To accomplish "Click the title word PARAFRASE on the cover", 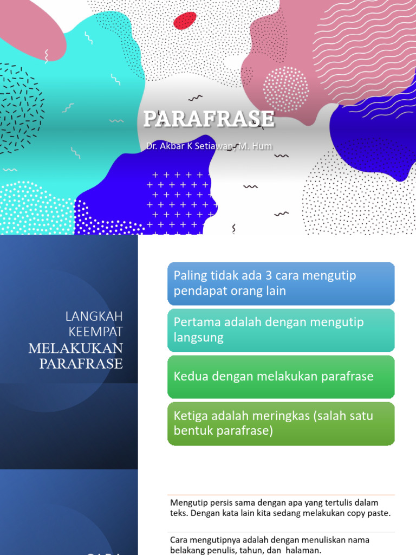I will (209, 119).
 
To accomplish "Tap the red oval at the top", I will (185, 21).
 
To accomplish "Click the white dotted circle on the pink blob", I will (285, 89).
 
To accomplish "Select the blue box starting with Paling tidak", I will (281, 283).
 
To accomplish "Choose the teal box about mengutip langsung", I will (281, 330).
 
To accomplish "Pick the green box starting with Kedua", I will (281, 376).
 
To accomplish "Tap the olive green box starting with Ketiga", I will (281, 423).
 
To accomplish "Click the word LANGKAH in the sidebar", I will (94, 316).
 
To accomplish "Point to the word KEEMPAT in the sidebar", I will (96, 331).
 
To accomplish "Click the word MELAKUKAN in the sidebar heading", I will (76, 348).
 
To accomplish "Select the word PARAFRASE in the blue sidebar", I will (81, 364).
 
